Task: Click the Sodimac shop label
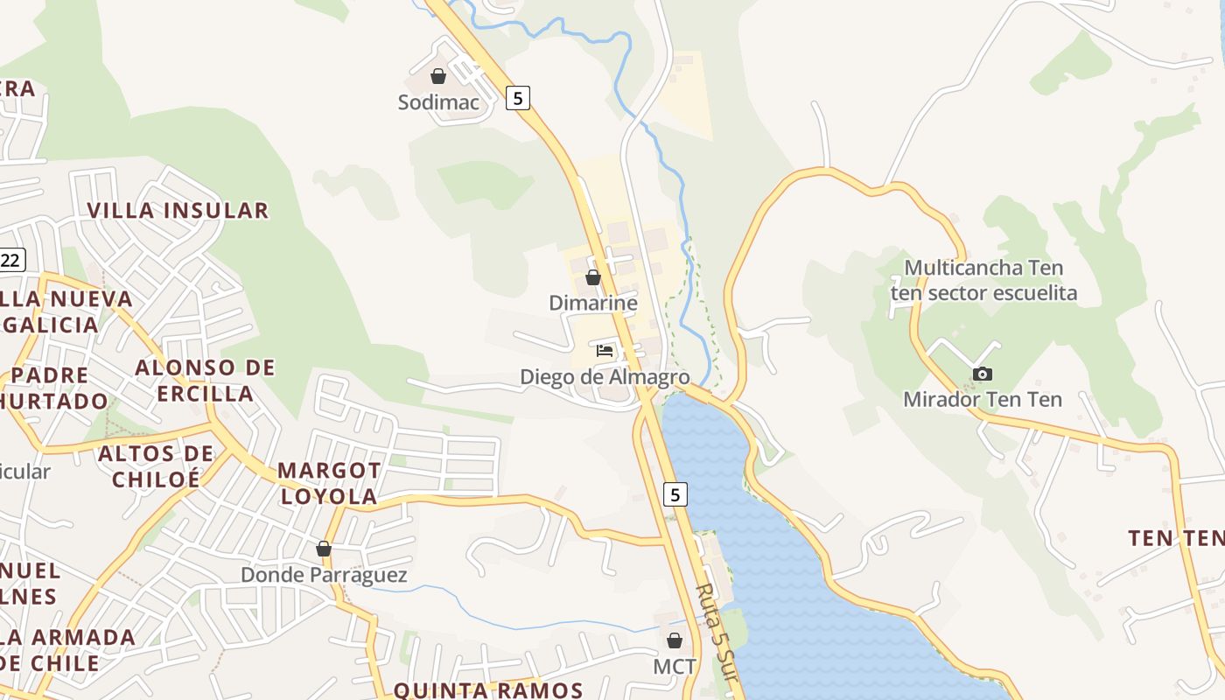click(438, 102)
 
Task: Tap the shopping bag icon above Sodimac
click(438, 76)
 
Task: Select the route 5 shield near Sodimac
click(518, 97)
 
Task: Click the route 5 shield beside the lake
click(674, 494)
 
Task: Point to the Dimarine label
click(592, 303)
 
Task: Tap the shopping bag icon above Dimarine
click(593, 277)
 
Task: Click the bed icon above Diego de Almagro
click(604, 351)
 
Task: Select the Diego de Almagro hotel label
click(605, 377)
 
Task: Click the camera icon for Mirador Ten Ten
click(983, 374)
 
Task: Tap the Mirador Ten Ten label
click(983, 400)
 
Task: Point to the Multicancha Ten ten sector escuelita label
click(983, 280)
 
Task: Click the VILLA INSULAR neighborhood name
click(178, 210)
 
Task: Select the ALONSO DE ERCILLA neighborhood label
click(205, 380)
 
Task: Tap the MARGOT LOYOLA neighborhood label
click(329, 483)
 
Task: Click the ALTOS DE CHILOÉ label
click(156, 465)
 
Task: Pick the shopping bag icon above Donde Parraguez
click(324, 549)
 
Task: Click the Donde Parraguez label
click(324, 575)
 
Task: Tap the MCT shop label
click(675, 667)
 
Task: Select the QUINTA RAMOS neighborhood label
click(488, 690)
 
